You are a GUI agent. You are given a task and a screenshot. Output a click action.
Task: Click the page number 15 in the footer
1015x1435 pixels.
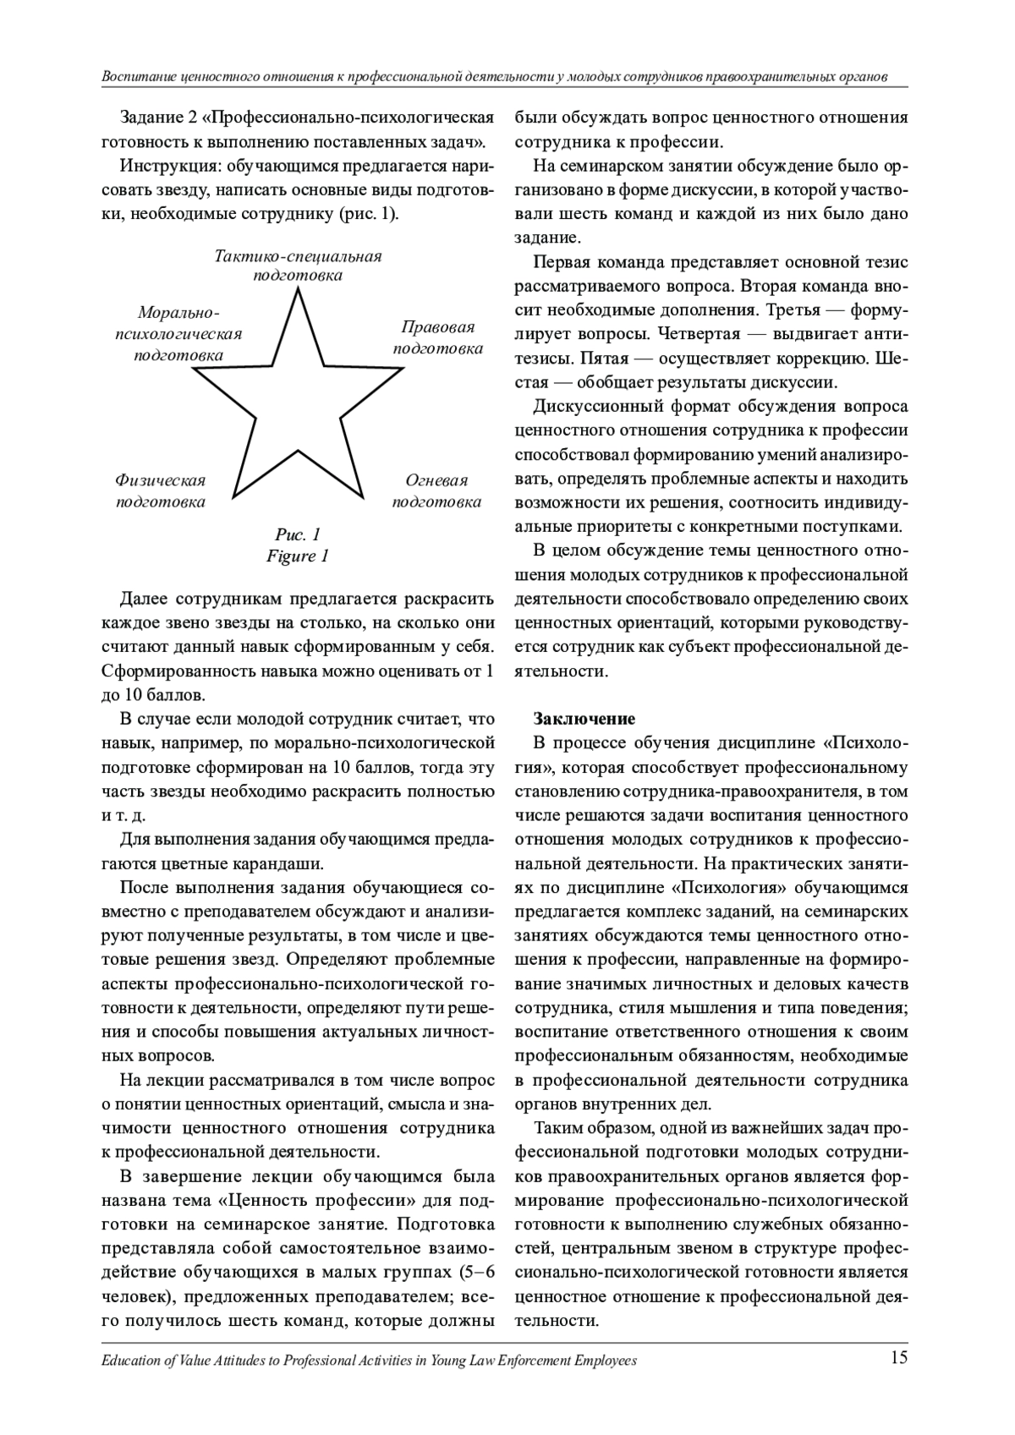[898, 1358]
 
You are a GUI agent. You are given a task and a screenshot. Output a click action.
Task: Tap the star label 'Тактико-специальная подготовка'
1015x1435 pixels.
[298, 266]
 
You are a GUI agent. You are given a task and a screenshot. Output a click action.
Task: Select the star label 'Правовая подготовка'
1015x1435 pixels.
[438, 337]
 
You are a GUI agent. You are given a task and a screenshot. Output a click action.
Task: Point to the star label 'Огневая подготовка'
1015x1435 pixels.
[436, 491]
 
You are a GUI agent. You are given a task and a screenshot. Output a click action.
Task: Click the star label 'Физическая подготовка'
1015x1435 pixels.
[161, 491]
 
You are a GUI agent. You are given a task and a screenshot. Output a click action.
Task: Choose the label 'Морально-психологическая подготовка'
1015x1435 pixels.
[178, 334]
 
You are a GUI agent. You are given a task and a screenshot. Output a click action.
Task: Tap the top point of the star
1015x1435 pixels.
[298, 291]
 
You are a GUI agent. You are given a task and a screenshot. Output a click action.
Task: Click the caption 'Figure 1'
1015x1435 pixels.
[298, 556]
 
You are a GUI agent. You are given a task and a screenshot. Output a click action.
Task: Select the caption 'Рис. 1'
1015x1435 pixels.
[298, 534]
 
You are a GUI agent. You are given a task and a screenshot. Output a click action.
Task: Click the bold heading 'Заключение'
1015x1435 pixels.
[584, 720]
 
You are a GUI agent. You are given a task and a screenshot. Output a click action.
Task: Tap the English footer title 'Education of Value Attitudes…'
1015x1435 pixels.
[368, 1361]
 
